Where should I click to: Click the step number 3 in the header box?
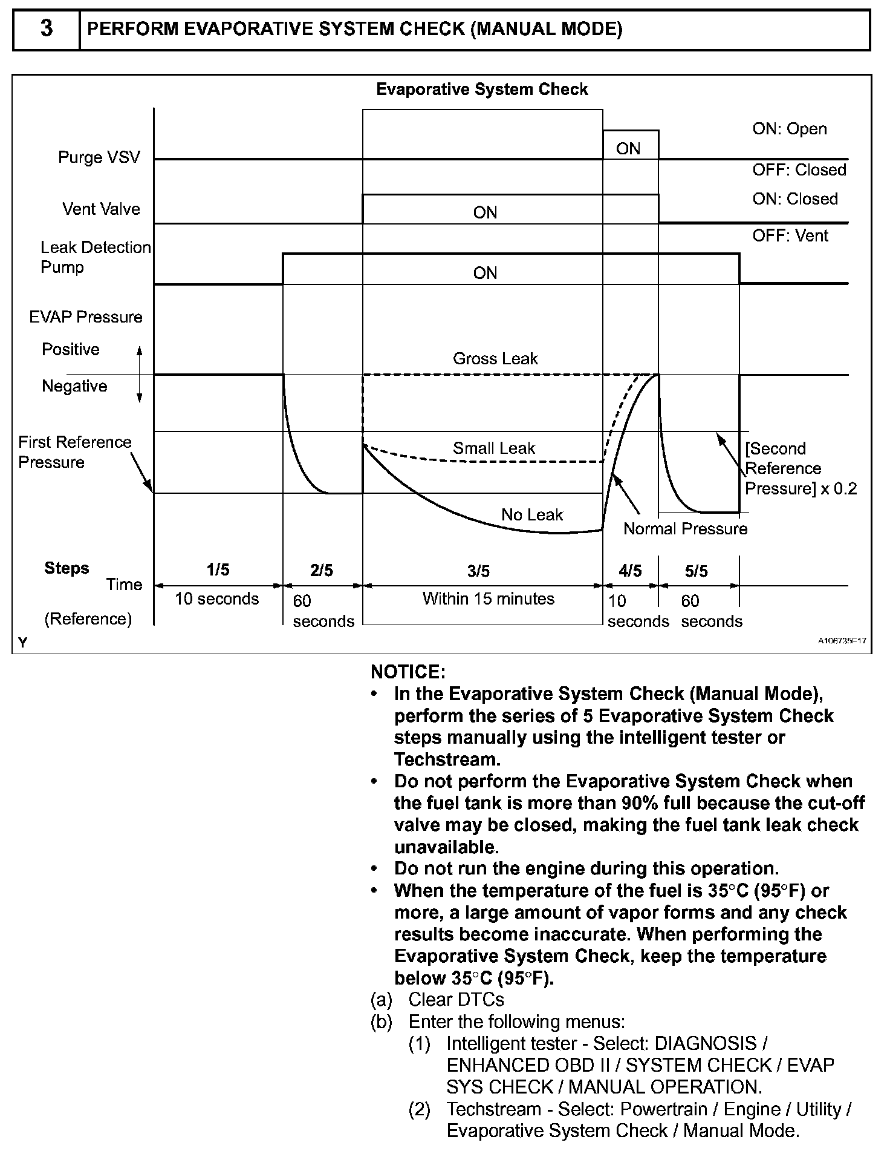(x=46, y=29)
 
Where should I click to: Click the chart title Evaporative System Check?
(x=482, y=90)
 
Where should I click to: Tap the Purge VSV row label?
(x=99, y=157)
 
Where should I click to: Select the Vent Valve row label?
(x=101, y=209)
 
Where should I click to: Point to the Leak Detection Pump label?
(x=95, y=257)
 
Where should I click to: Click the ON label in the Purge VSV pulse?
(x=628, y=149)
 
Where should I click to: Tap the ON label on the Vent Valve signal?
(x=485, y=213)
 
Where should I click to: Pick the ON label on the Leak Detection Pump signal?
(x=485, y=274)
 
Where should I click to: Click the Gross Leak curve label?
(x=495, y=359)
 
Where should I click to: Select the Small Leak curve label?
(x=494, y=448)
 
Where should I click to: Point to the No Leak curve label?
(x=532, y=515)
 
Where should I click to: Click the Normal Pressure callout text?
(x=685, y=530)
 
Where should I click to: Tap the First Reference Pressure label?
(x=74, y=452)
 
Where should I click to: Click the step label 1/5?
(x=218, y=570)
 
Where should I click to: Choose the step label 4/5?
(x=630, y=571)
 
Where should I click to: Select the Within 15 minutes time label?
(x=488, y=599)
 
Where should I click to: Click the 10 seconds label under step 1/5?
(x=216, y=599)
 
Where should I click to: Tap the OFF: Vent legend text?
(x=790, y=235)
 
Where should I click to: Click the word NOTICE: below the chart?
(x=408, y=672)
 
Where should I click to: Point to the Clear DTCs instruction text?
(x=456, y=1000)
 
